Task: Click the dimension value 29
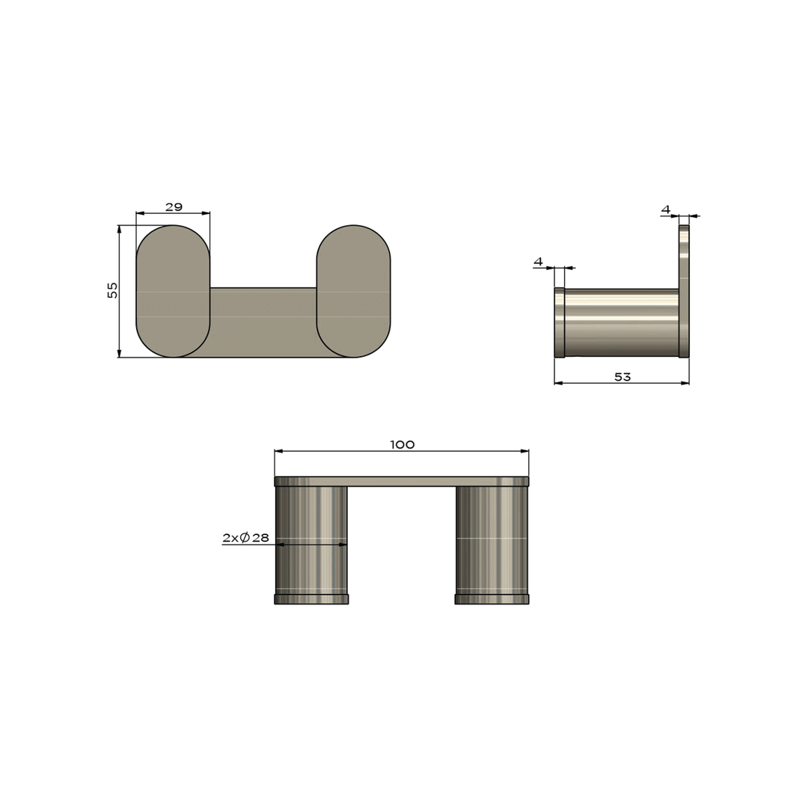tap(174, 207)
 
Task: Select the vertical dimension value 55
tap(113, 290)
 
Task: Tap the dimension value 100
tap(402, 445)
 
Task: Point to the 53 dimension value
tap(622, 377)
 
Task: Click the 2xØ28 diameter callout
tap(245, 538)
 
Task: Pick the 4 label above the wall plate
tap(666, 209)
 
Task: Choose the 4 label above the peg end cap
tap(538, 262)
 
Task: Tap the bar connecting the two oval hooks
tap(263, 322)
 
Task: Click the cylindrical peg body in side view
tap(621, 322)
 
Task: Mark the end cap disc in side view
tap(559, 322)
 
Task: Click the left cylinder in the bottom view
tap(311, 539)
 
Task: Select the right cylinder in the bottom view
tap(492, 539)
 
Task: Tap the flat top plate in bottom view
tap(402, 481)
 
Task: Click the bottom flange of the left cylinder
tap(311, 599)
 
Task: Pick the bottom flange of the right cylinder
tap(492, 599)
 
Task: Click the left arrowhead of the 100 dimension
tap(278, 451)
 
